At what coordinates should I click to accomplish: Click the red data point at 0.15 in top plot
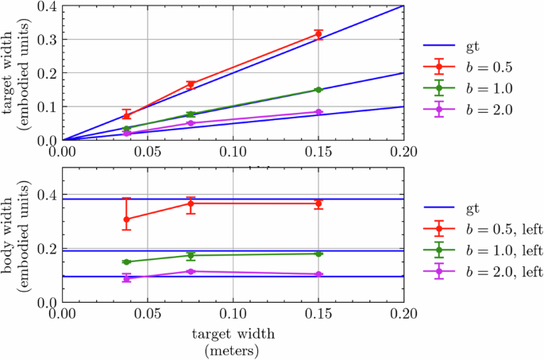click(x=318, y=33)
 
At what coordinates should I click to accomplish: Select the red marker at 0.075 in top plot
click(x=191, y=84)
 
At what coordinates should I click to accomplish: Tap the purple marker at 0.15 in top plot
click(x=318, y=112)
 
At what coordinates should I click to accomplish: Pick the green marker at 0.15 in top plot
click(x=318, y=90)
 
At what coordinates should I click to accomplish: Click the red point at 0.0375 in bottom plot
click(x=126, y=219)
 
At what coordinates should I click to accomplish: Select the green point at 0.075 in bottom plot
click(x=191, y=255)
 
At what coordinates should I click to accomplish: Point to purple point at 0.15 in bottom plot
click(x=318, y=274)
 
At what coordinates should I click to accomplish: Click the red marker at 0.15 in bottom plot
click(x=318, y=203)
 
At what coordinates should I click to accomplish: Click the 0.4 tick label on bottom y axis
click(x=48, y=195)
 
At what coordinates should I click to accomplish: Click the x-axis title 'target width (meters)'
click(x=233, y=341)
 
